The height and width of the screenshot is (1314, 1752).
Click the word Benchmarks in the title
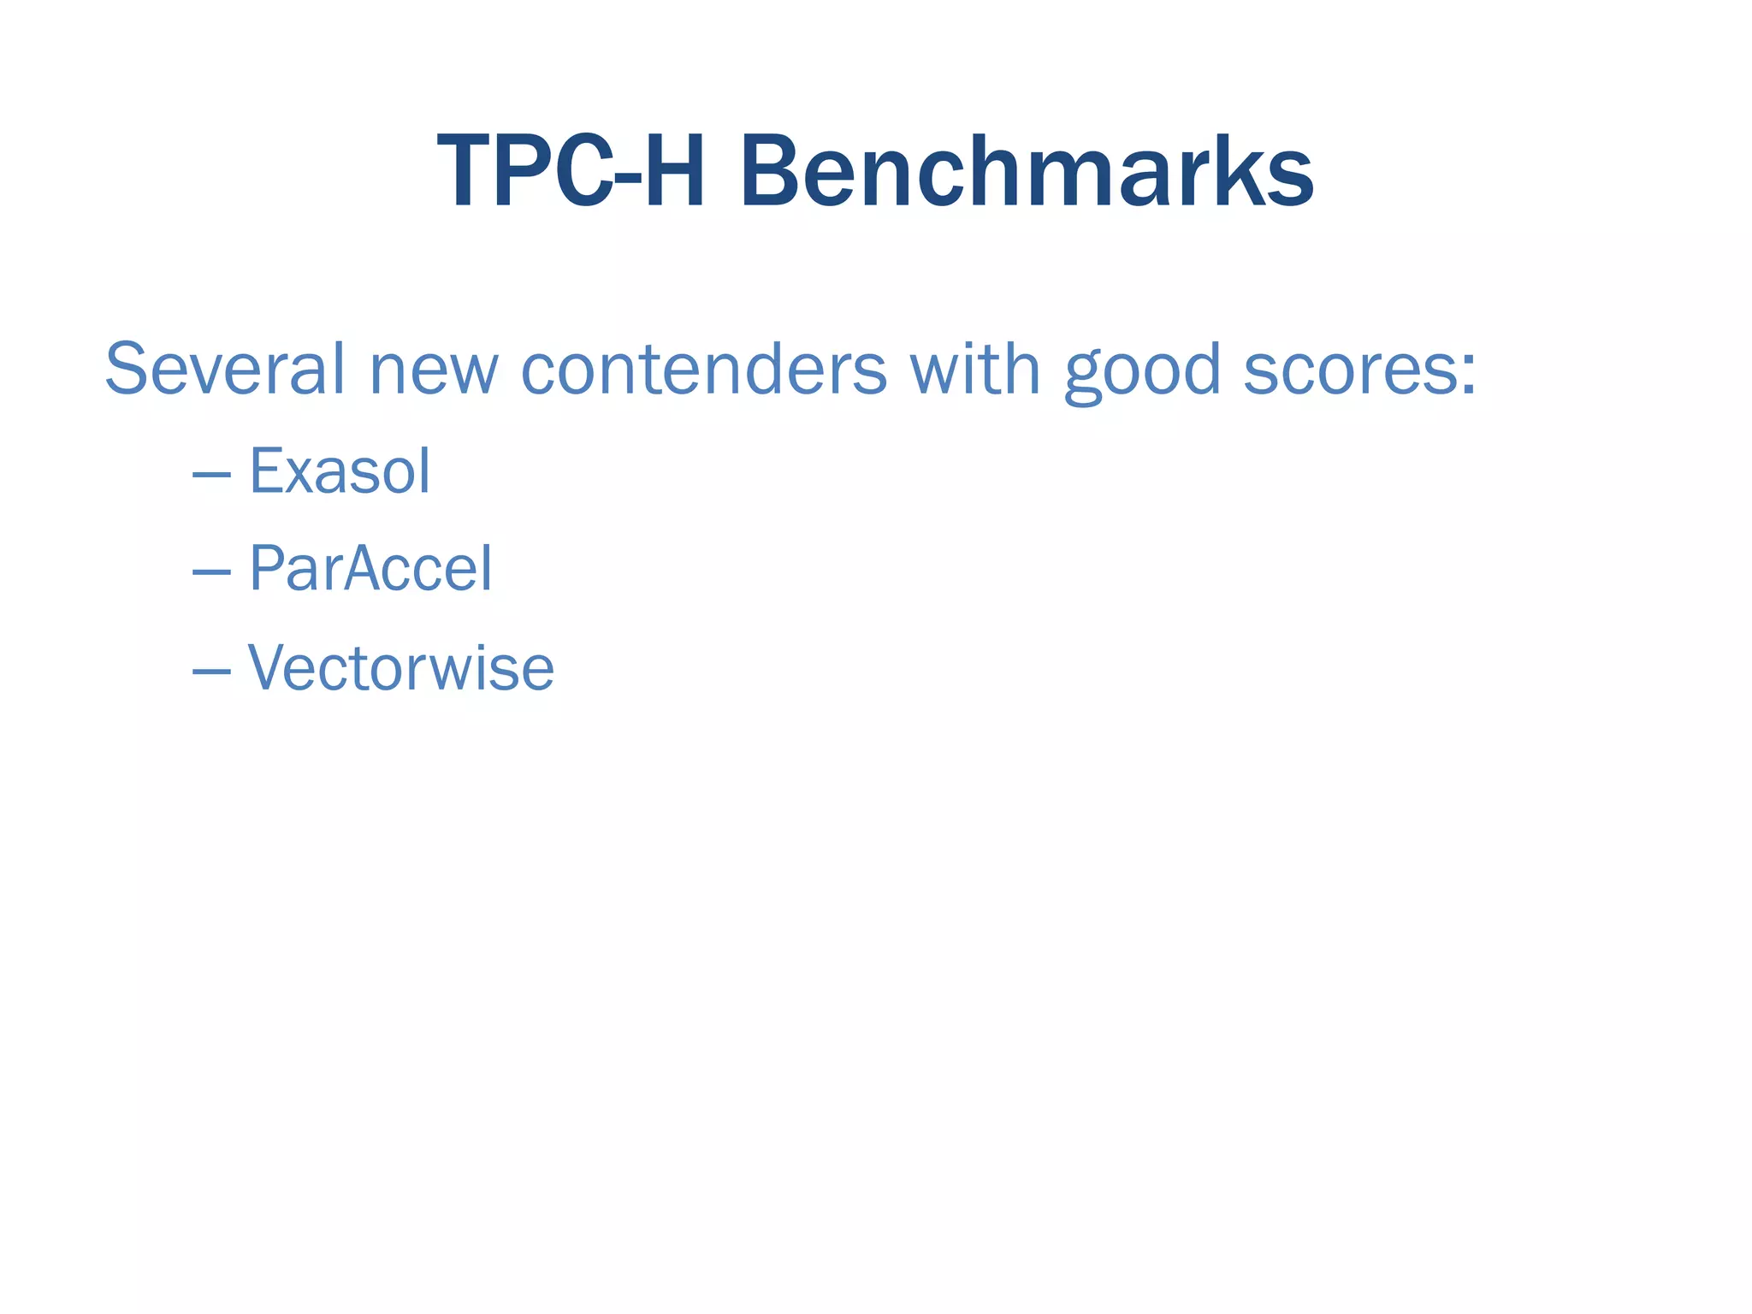[1027, 172]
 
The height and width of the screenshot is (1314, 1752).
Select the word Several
[225, 370]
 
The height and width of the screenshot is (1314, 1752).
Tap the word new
[433, 370]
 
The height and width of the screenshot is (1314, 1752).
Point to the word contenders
[704, 370]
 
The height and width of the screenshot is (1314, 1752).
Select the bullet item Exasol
[340, 471]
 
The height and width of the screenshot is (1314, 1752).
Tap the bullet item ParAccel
[370, 569]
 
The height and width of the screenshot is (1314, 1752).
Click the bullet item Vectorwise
[401, 667]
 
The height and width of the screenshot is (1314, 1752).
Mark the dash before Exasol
[211, 473]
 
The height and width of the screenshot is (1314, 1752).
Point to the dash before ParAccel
[211, 571]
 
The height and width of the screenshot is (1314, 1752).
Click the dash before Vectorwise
[211, 670]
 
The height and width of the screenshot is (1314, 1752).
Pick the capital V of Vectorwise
[267, 667]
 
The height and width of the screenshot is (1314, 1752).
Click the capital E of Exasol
[266, 471]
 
